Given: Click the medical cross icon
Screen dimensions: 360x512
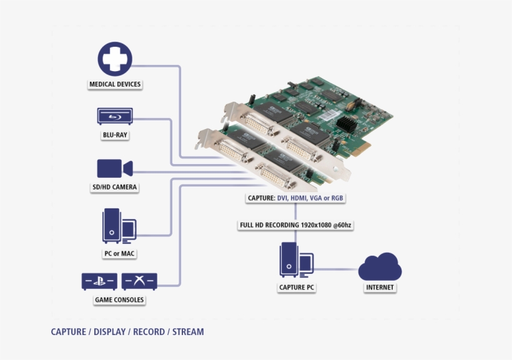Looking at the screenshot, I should point(115,59).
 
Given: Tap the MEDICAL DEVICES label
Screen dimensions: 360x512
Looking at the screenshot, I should point(115,84).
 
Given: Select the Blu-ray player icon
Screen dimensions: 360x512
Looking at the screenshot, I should point(115,117).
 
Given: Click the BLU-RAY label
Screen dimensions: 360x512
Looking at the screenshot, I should point(115,134).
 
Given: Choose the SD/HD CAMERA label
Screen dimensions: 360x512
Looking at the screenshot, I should point(115,187).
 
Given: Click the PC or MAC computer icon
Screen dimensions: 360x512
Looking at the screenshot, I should point(119,226).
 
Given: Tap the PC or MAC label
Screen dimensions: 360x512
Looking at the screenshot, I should point(119,254).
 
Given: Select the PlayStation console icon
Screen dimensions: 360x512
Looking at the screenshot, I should point(99,281).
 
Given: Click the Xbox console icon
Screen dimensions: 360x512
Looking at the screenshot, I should point(139,281).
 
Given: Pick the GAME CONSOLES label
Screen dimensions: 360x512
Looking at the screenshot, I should point(119,300).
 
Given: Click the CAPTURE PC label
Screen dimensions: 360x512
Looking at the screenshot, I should point(297,288).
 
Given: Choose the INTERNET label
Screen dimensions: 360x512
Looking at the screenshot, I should point(380,288).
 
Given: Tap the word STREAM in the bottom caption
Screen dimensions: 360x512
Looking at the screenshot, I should point(188,332).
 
